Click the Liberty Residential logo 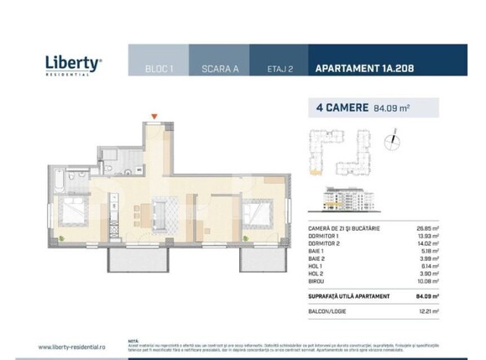tap(73, 64)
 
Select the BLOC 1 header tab tap(159, 70)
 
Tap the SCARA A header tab tap(220, 70)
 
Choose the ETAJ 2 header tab tap(279, 70)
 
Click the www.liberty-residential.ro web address tap(72, 346)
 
